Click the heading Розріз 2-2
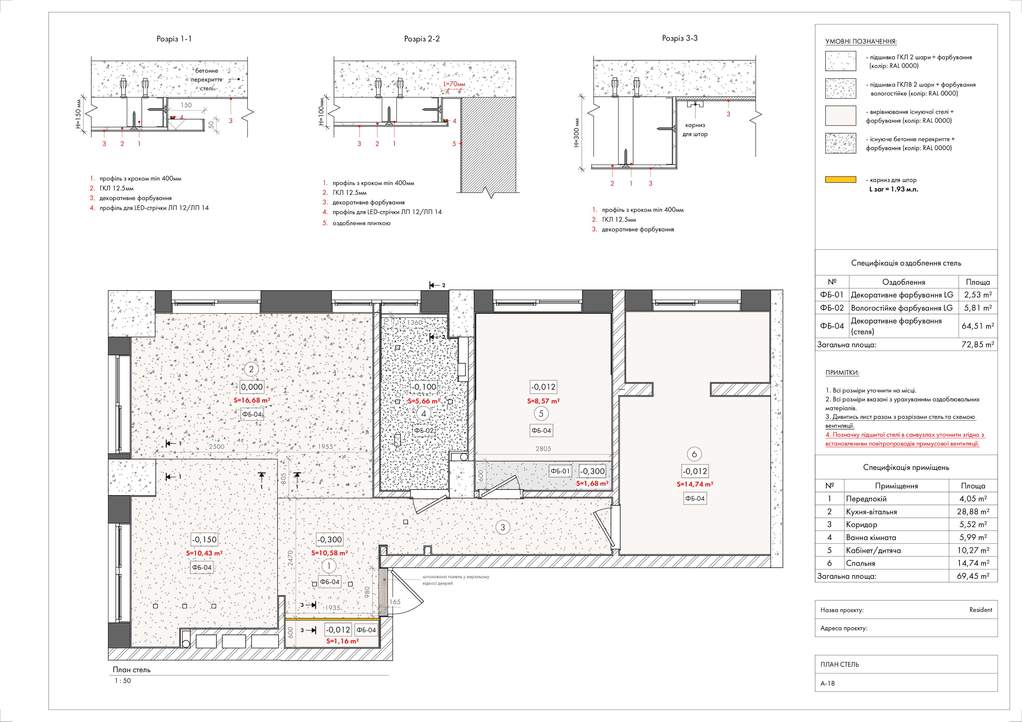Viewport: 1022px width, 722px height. click(421, 39)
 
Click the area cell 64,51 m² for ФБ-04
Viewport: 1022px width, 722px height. click(978, 326)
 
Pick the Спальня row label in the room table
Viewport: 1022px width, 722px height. click(860, 563)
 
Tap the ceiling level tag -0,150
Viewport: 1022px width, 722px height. click(204, 540)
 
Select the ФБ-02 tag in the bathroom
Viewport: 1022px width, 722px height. click(423, 431)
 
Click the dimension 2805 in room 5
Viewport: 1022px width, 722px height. click(543, 449)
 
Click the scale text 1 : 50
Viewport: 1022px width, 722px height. click(123, 681)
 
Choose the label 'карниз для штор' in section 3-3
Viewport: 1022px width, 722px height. click(695, 129)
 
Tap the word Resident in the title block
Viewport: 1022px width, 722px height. click(981, 610)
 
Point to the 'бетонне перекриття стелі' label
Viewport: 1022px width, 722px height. click(207, 80)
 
